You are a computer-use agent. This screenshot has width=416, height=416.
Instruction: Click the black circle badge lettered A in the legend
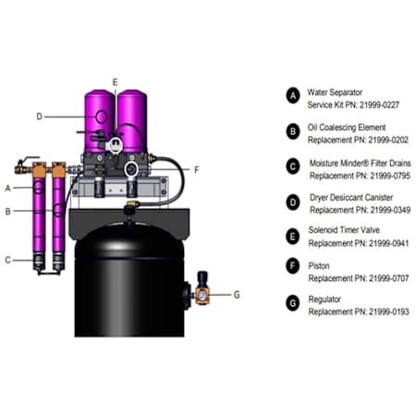293,95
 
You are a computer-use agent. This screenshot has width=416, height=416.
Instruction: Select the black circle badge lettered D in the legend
293,202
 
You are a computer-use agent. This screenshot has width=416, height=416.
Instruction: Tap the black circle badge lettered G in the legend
293,303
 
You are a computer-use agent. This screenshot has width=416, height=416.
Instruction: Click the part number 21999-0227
379,105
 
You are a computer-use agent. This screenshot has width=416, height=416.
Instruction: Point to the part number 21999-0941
389,243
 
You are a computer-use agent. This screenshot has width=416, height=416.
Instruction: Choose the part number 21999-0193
389,312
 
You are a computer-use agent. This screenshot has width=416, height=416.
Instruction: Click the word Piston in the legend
319,266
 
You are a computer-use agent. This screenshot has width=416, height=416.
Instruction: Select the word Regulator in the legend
324,300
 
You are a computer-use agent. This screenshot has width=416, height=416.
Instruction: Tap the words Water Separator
335,92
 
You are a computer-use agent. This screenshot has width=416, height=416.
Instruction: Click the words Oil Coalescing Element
347,128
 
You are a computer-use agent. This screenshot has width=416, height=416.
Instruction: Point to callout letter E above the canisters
115,82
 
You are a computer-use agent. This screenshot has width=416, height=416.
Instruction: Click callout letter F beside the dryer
197,170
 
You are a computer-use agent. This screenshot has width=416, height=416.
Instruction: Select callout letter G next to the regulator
237,295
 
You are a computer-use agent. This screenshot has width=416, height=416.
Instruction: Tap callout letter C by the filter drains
8,261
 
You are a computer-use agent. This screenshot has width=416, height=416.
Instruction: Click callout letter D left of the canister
39,116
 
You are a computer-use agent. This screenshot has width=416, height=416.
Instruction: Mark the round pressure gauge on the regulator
202,296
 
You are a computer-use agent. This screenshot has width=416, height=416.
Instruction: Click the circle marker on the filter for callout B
58,210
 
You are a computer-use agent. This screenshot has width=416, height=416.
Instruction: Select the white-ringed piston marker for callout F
131,169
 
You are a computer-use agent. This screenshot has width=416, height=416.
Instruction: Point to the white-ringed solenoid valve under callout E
116,144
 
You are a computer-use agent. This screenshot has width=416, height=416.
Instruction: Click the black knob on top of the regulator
202,277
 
